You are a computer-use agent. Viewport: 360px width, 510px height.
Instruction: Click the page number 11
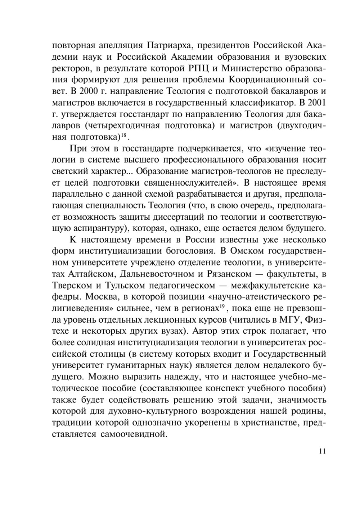click(x=322, y=451)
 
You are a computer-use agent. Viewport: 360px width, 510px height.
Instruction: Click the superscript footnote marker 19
click(x=222, y=306)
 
